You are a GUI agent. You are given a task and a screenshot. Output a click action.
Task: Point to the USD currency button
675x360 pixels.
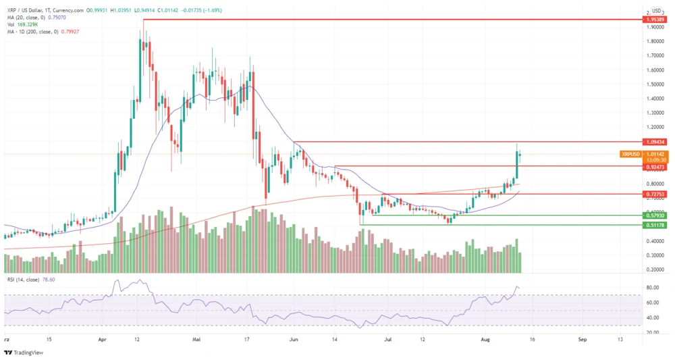[657, 11]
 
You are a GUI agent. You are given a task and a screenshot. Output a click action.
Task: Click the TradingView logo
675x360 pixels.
[24, 351]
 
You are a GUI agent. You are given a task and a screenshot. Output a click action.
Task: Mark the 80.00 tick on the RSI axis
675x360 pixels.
[653, 287]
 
